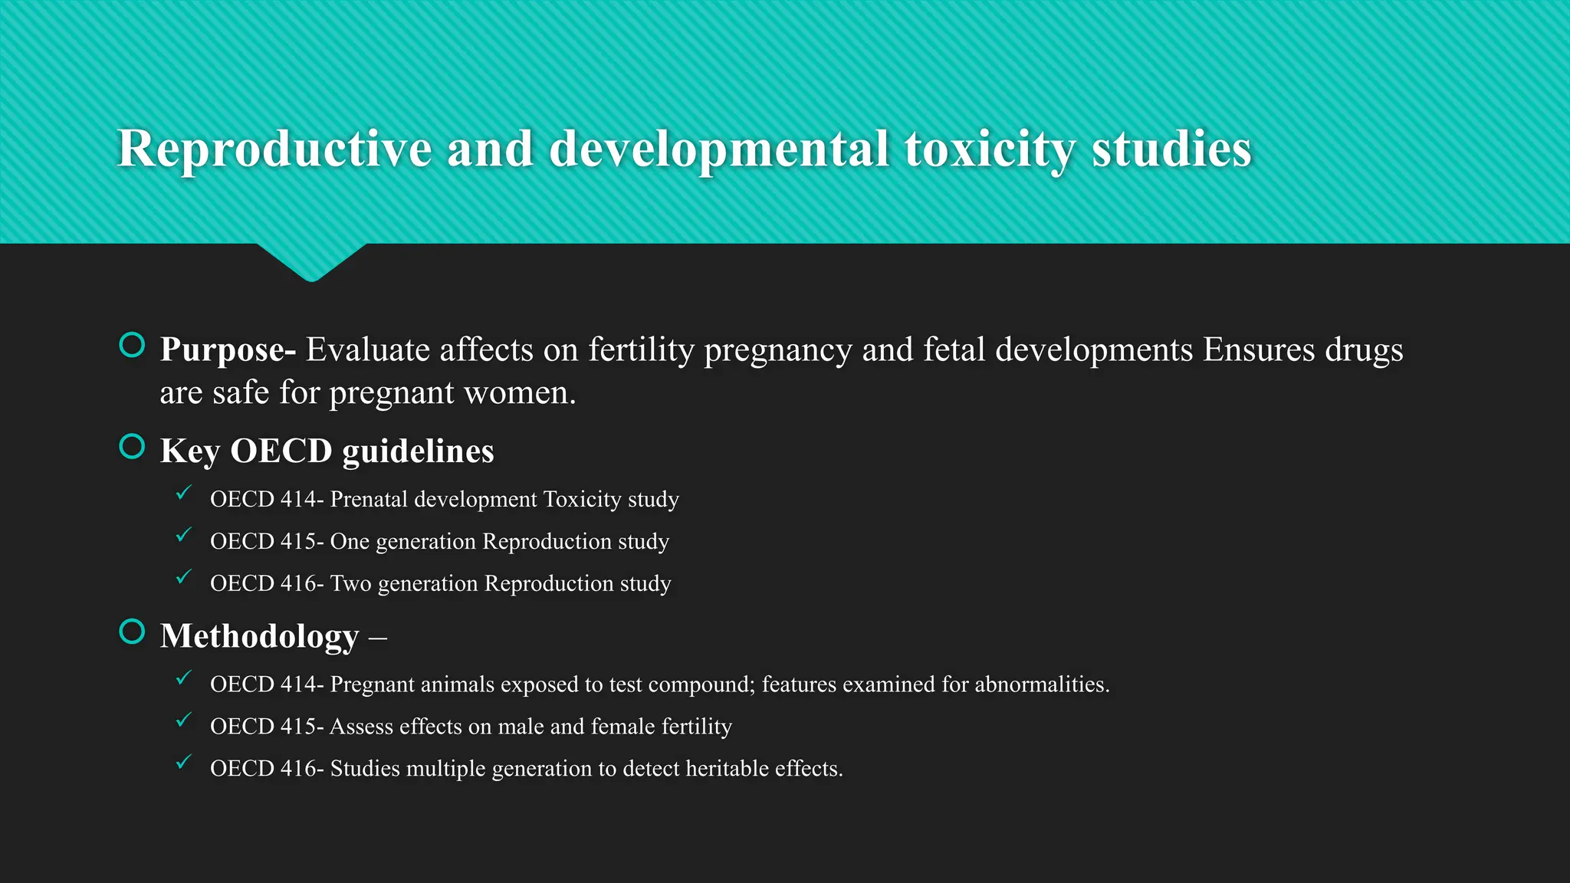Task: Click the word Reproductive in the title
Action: coord(274,149)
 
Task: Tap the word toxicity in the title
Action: coord(989,149)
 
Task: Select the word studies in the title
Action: coord(1171,149)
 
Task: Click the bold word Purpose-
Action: coord(228,350)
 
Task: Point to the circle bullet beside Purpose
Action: coord(133,345)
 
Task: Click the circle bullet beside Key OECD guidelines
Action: coord(133,446)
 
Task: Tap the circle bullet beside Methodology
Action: coord(133,632)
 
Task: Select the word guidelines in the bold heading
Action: coord(418,451)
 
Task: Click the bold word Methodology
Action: coord(259,636)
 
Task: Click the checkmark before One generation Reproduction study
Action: coord(183,535)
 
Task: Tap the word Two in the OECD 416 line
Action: coord(350,583)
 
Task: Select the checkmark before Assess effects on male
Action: coord(183,720)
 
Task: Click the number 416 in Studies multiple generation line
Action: coord(298,768)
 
